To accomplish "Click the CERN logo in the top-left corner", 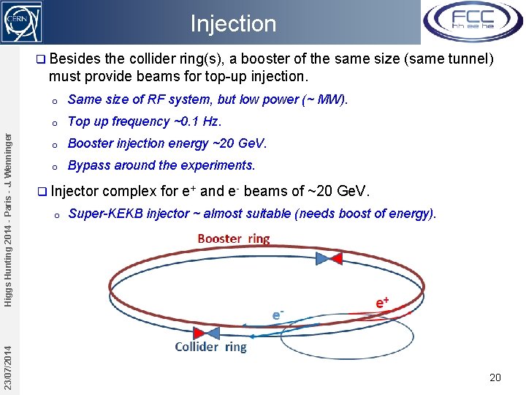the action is point(21,21).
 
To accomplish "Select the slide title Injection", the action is point(233,23).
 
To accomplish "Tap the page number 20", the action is point(495,377).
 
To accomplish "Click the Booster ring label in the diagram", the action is point(234,239).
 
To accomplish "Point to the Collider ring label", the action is point(211,347).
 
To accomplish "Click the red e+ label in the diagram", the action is point(382,302).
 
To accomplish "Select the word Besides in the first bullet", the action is point(77,58).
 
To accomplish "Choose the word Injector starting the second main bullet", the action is point(77,192).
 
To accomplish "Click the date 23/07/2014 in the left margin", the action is point(7,358).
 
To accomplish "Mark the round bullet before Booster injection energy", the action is point(55,144).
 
